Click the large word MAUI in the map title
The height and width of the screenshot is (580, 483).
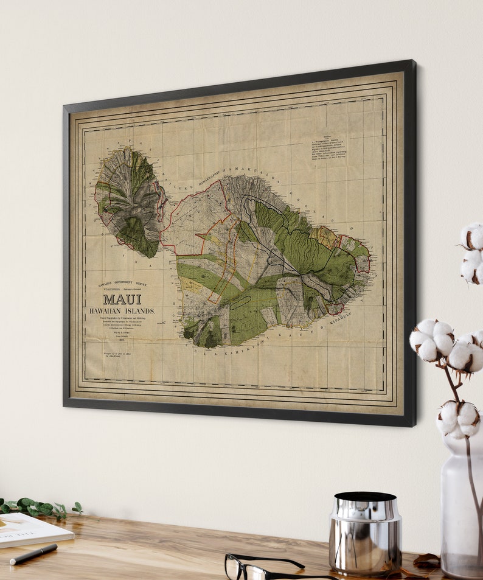(x=122, y=299)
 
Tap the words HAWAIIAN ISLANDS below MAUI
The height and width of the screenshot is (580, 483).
(x=122, y=311)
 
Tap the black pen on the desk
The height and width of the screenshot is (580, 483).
(x=33, y=554)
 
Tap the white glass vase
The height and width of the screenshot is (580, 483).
(x=461, y=505)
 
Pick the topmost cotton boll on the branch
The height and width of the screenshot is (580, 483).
(x=472, y=236)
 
